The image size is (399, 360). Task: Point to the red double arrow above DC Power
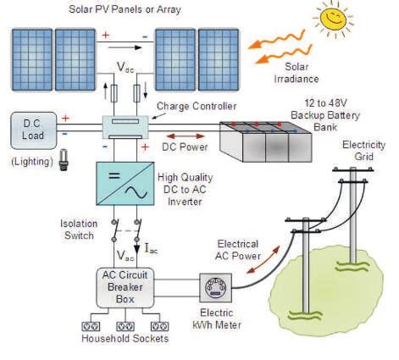[186, 135]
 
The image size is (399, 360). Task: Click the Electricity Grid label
[363, 151]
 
